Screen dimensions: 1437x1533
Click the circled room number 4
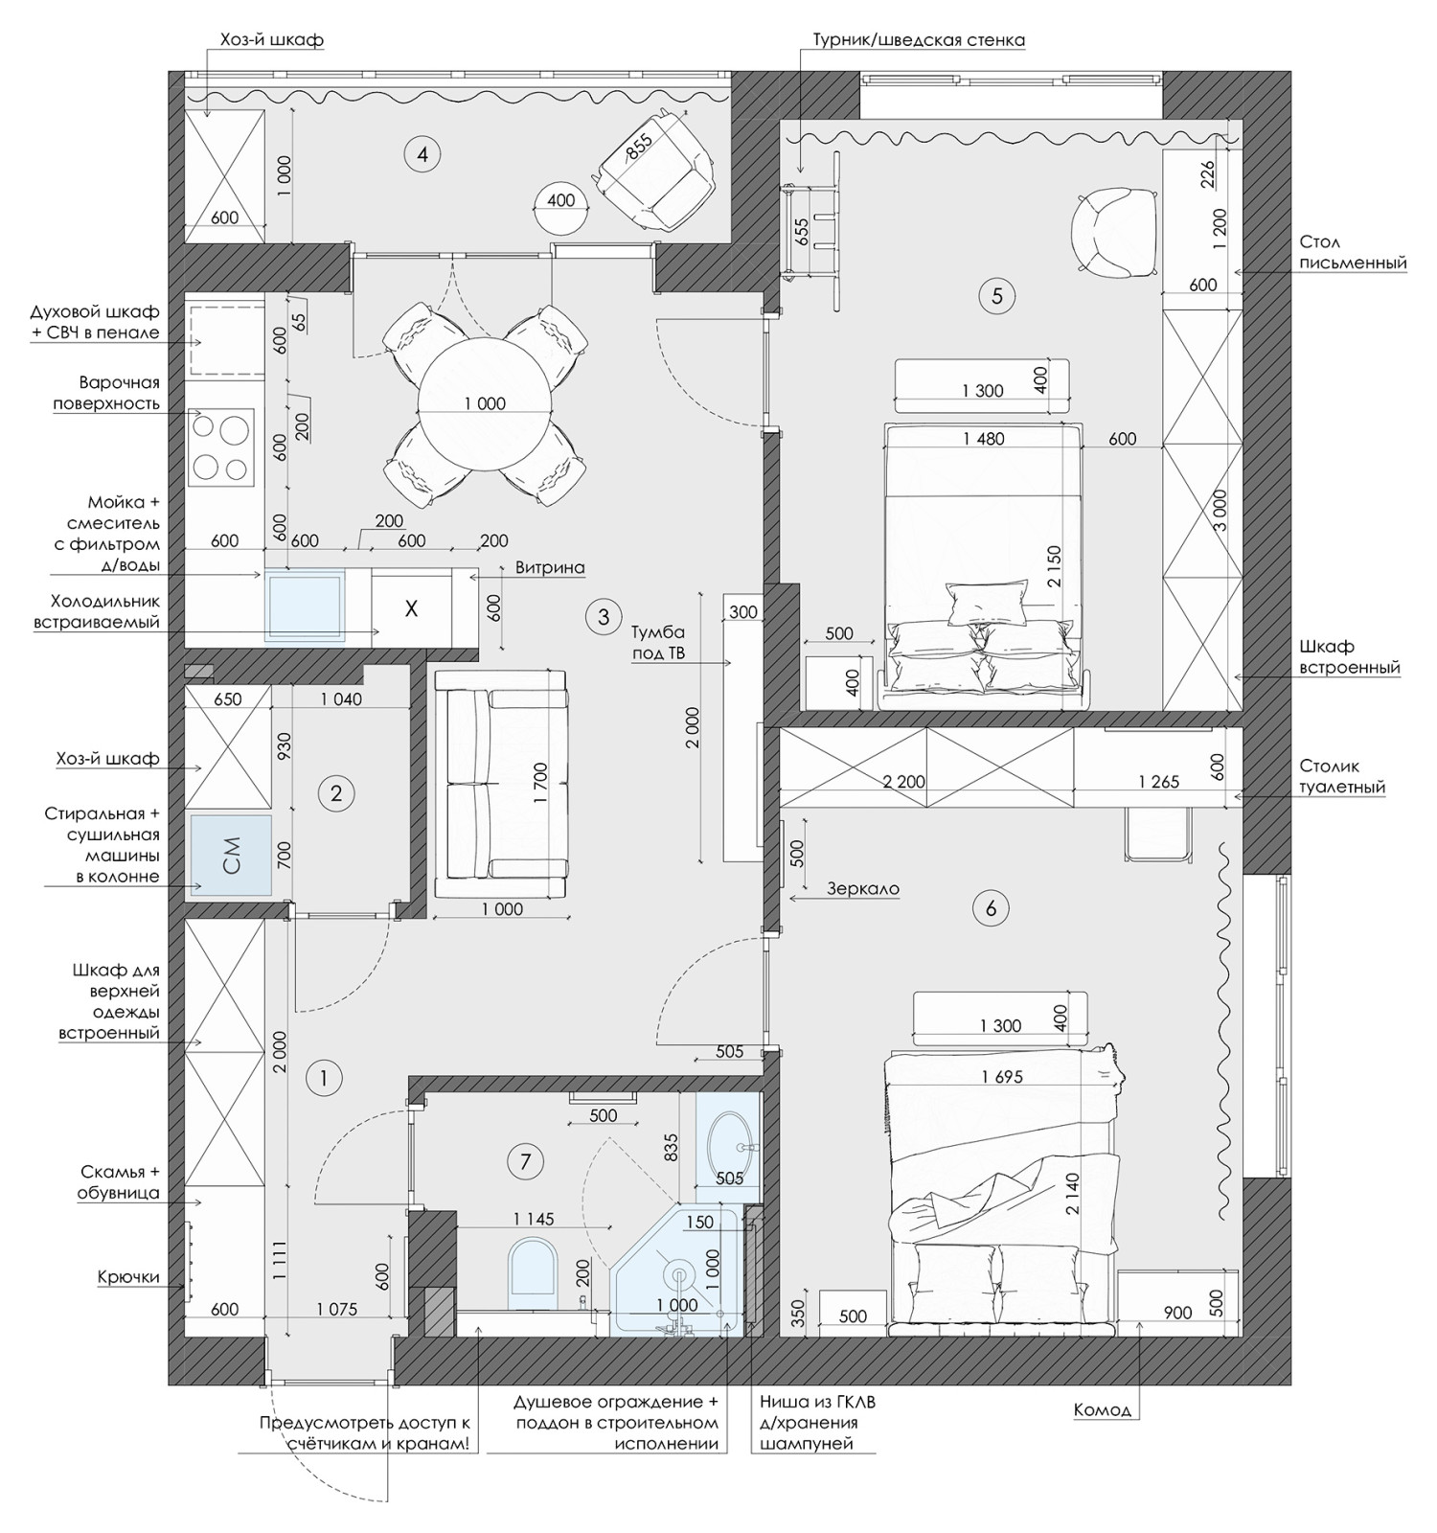coord(422,153)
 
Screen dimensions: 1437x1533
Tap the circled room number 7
coord(524,1162)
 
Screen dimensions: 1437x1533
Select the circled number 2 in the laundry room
coord(335,793)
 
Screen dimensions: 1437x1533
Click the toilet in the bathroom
coord(533,1275)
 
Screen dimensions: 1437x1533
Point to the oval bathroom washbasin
coord(730,1146)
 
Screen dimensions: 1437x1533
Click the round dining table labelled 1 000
coord(485,403)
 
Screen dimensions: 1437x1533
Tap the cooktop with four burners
coord(222,446)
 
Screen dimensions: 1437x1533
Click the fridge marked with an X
coord(411,608)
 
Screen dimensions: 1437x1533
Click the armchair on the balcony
coord(656,168)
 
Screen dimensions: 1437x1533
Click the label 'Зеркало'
coord(863,888)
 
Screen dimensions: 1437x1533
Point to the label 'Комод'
coord(1103,1410)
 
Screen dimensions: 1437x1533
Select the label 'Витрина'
coord(550,567)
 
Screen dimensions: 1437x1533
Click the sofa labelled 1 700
coord(500,784)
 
